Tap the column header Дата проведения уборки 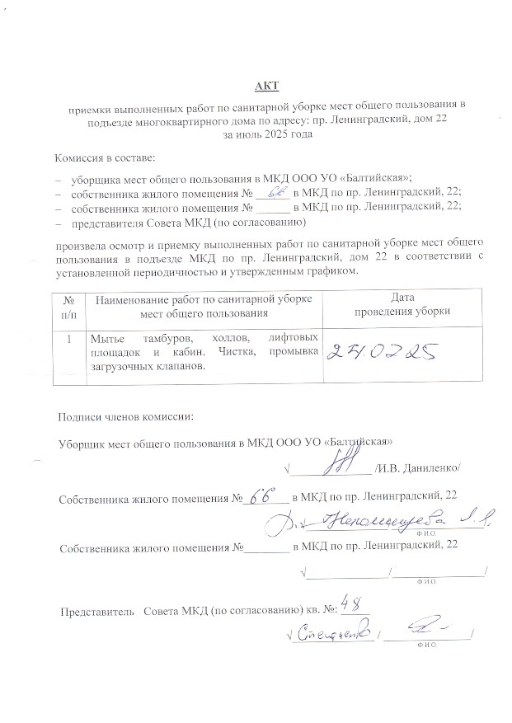click(402, 305)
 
